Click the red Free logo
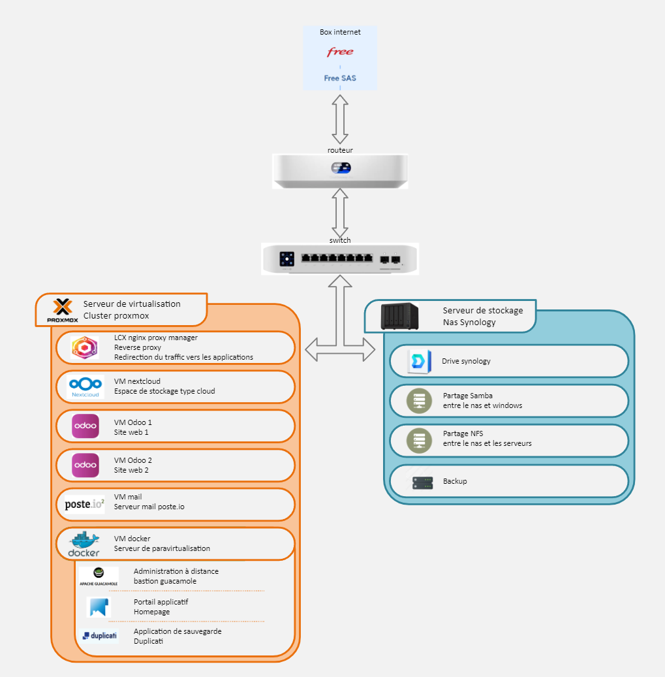tap(340, 52)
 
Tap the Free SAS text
tap(340, 78)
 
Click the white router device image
tap(340, 171)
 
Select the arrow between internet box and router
tap(340, 118)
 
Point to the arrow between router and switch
tap(340, 213)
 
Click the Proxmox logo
tap(63, 311)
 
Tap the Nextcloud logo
tap(85, 386)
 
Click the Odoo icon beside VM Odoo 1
tap(85, 426)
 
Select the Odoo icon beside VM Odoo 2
tap(85, 465)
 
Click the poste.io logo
tap(85, 504)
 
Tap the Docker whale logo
tap(84, 544)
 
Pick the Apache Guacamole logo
tap(99, 576)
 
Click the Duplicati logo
tap(99, 635)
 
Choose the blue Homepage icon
tap(99, 607)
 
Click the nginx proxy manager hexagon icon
tap(85, 348)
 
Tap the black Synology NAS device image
tap(399, 317)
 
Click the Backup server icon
tap(422, 482)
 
